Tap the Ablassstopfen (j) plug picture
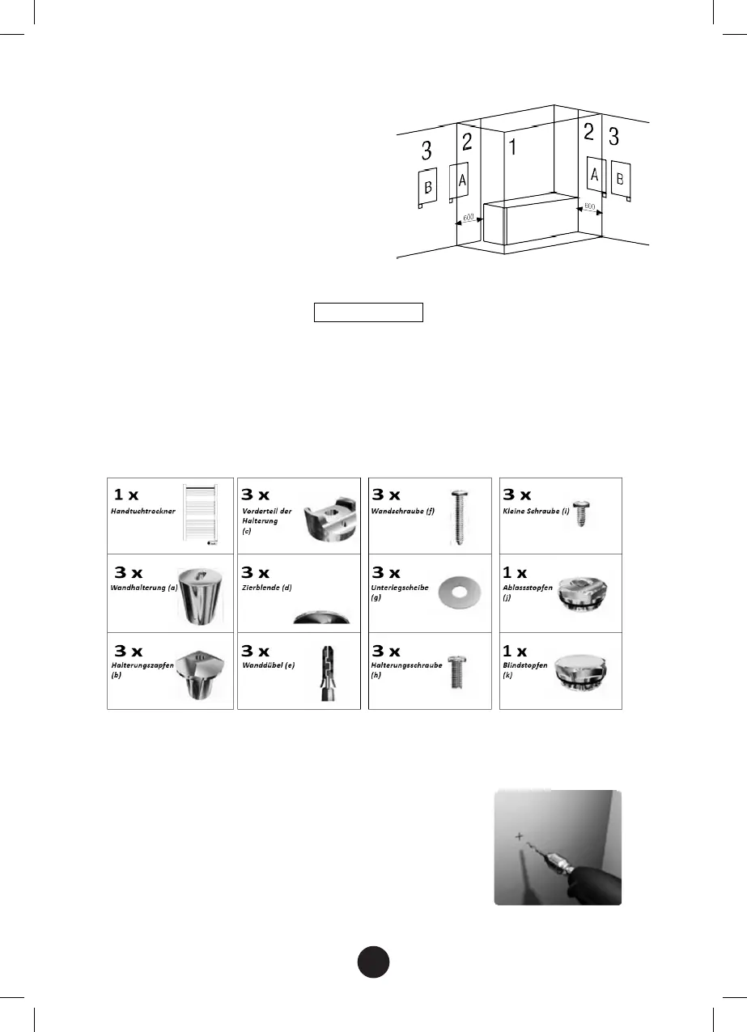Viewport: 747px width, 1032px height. click(x=586, y=593)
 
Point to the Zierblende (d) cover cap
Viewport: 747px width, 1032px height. click(x=323, y=616)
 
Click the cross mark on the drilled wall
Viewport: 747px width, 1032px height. click(x=519, y=835)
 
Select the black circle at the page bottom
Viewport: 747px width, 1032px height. click(x=373, y=961)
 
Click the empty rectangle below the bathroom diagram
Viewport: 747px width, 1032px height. click(x=369, y=312)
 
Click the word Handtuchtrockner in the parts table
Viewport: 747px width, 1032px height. click(x=143, y=512)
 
